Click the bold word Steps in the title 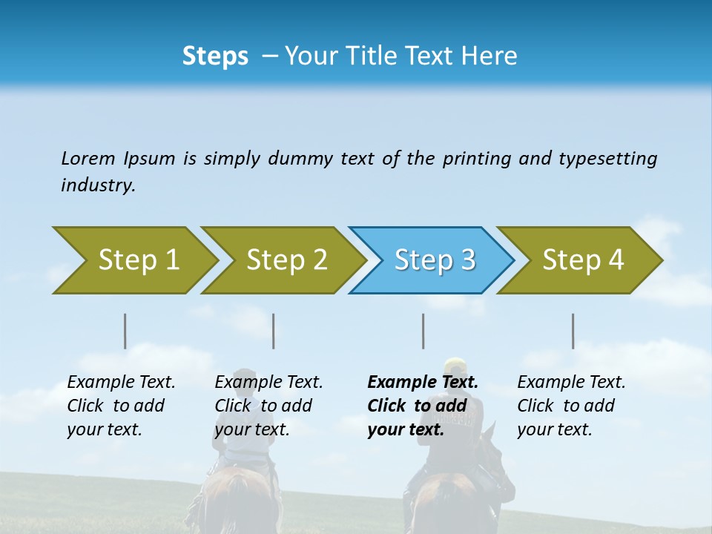215,56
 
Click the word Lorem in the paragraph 88,159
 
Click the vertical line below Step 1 125,331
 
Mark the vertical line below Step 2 274,331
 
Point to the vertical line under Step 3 423,331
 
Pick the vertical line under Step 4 573,331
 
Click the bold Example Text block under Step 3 421,406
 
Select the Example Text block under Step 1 120,406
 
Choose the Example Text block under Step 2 268,406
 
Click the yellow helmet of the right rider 455,366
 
